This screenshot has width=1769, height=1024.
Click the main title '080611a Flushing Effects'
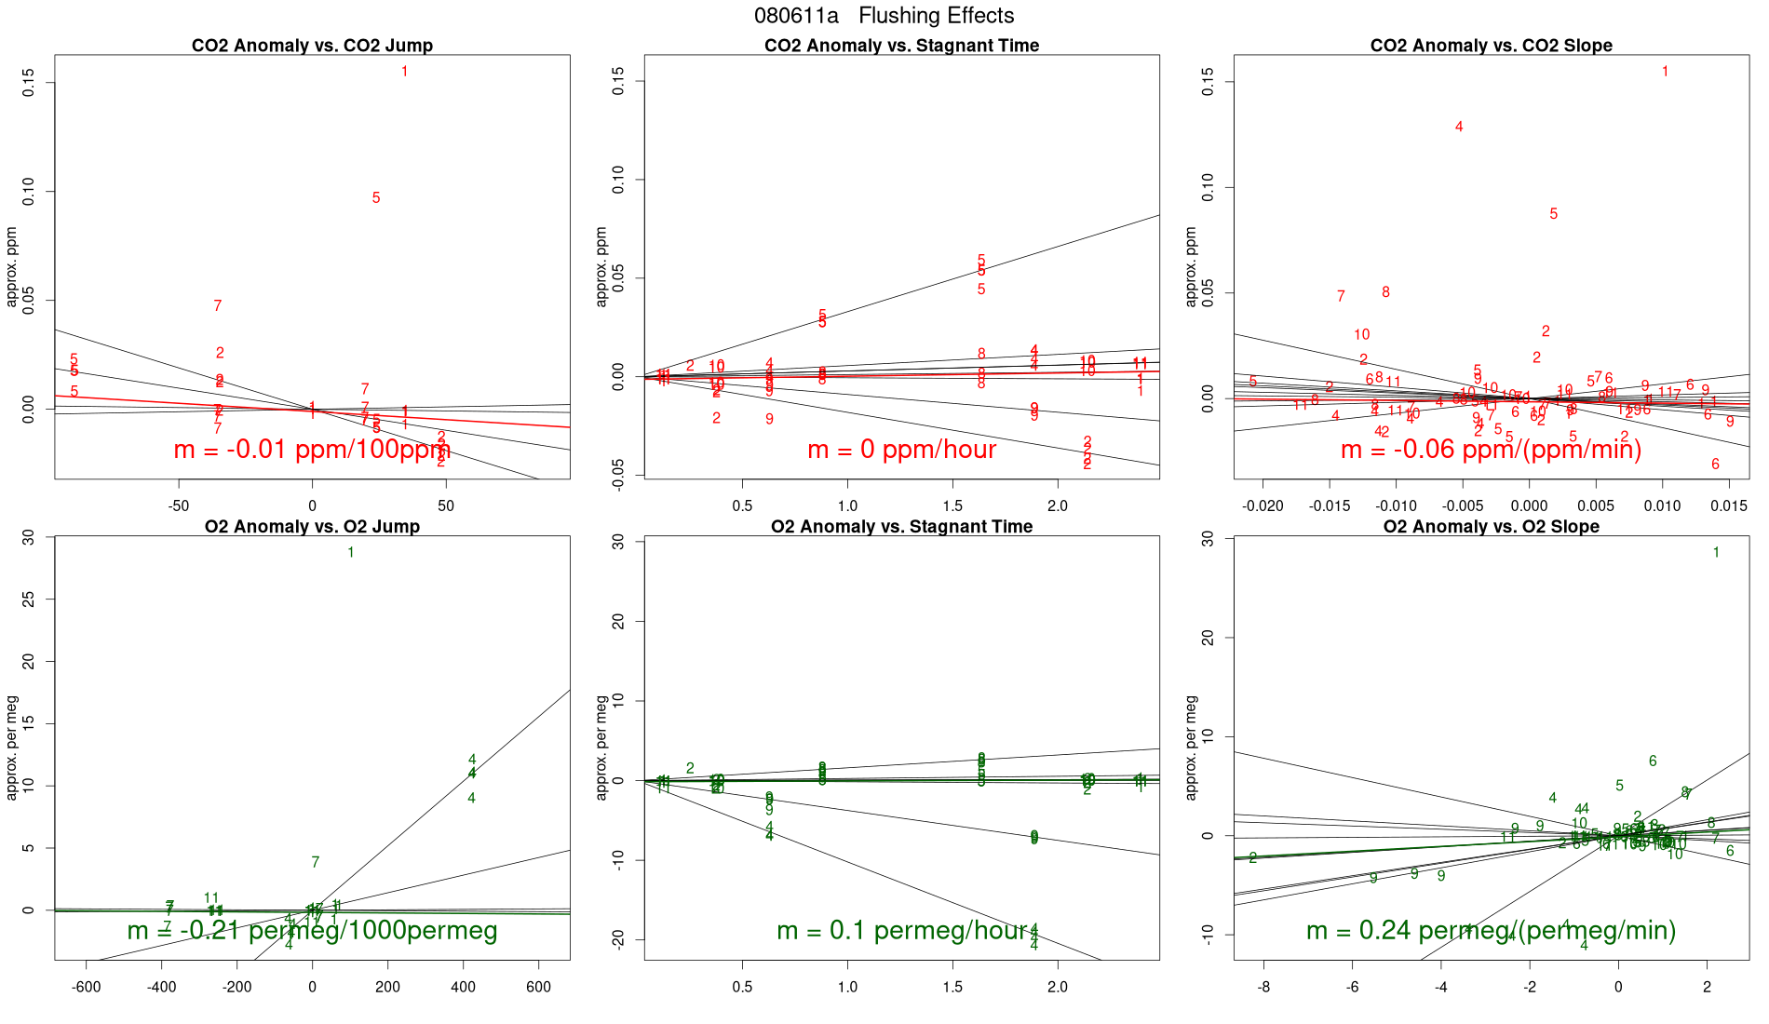coord(884,16)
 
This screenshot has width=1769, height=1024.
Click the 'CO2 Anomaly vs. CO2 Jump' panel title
coord(312,46)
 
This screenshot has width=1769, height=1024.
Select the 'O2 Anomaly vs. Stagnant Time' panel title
coord(901,527)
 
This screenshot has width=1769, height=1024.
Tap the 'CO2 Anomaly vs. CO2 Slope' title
coord(1491,46)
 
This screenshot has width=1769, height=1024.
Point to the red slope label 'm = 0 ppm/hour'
coord(901,450)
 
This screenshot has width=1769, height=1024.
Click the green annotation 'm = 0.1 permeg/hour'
coord(901,930)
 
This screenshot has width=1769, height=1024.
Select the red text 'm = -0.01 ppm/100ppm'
coord(312,450)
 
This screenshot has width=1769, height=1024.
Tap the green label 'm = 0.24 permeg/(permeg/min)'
coord(1491,930)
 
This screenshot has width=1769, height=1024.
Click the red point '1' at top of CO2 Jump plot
coord(404,72)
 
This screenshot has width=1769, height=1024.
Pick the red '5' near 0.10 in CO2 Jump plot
coord(376,198)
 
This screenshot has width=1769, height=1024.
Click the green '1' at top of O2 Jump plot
coord(351,553)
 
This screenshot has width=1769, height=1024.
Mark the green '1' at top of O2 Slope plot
coord(1716,553)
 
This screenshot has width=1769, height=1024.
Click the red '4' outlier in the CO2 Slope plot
coord(1459,128)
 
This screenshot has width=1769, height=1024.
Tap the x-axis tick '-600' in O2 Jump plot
coord(86,987)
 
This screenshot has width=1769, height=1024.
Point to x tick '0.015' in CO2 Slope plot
coord(1729,506)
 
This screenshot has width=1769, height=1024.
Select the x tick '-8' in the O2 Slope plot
coord(1263,987)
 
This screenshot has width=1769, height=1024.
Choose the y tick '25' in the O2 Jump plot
coord(29,600)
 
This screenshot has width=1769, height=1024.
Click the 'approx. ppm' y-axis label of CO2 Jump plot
coord(12,267)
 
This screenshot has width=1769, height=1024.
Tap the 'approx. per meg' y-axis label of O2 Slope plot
coord(1191,748)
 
